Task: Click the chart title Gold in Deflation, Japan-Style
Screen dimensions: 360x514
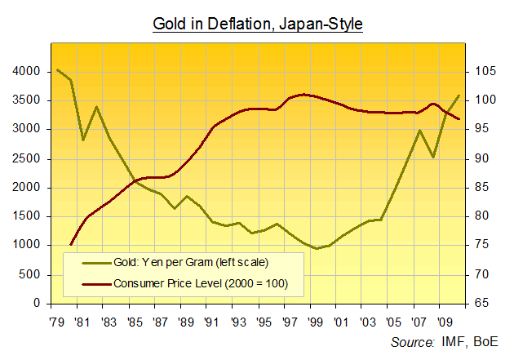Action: (x=257, y=24)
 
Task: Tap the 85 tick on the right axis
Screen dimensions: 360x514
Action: (x=480, y=187)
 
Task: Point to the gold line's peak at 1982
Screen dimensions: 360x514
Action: (x=96, y=107)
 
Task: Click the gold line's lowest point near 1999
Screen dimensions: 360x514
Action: (x=315, y=248)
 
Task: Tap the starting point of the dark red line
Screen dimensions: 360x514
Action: (x=71, y=244)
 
